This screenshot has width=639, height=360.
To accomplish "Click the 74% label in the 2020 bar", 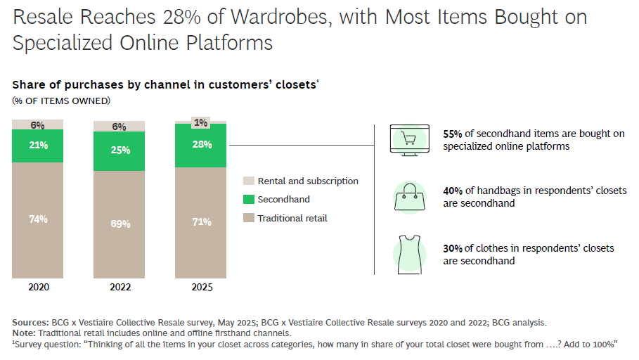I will point(38,219).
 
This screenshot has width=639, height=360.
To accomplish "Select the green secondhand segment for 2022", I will point(119,150).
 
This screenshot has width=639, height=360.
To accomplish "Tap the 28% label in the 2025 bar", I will point(200,144).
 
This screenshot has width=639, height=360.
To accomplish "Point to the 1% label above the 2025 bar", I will point(200,122).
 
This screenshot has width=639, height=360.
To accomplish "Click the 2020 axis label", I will point(38,287).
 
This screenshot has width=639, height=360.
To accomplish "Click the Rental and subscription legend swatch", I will point(247,181).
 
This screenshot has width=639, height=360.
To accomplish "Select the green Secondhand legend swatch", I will point(247,200).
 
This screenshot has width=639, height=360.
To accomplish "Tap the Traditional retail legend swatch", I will point(247,219).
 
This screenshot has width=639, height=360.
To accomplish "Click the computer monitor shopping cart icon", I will point(408,139).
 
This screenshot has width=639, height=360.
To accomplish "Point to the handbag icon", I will point(408,198).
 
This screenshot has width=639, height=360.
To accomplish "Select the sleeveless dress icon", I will point(408,255).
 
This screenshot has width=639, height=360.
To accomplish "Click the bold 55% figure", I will point(453,134).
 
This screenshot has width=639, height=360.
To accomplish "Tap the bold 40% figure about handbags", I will point(453,191).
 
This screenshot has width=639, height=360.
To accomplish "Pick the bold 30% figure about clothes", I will point(453,248).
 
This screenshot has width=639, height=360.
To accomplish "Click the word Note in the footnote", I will point(24,333).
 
